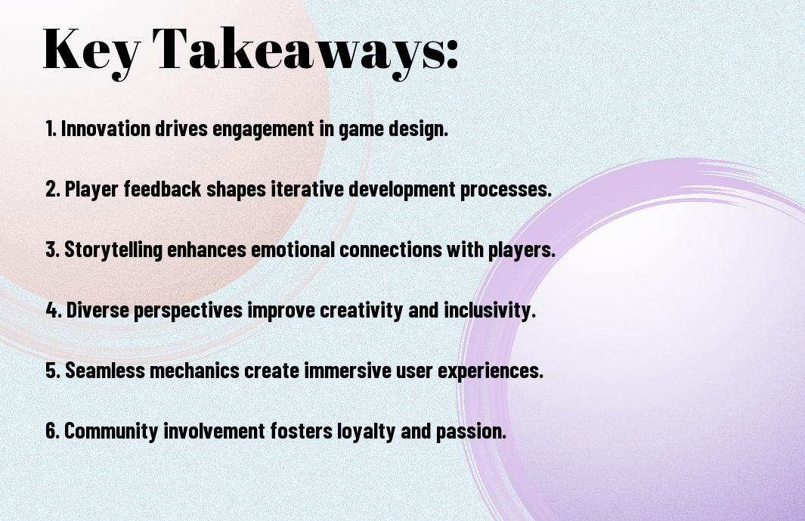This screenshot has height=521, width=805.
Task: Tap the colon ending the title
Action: click(452, 53)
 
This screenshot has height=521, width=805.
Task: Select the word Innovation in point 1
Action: click(105, 129)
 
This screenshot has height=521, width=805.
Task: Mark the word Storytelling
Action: click(113, 250)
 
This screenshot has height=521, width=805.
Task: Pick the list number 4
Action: click(54, 310)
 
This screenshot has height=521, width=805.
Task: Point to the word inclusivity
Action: click(489, 311)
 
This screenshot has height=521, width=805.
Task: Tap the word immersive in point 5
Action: click(348, 370)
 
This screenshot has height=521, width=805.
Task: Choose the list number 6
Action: click(53, 430)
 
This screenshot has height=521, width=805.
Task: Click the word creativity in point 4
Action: click(361, 311)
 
